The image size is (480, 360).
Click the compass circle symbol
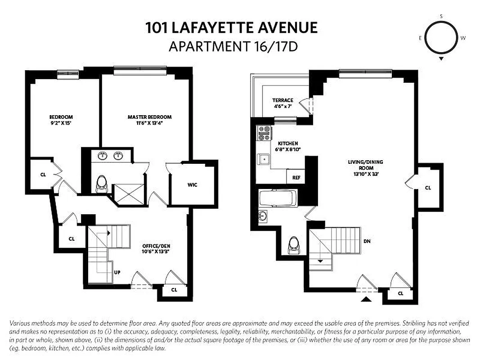(440, 38)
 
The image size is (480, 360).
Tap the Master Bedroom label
(149, 117)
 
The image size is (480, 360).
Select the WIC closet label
(193, 184)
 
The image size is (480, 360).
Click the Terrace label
(283, 100)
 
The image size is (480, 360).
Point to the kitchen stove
(264, 133)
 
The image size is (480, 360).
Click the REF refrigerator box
(296, 177)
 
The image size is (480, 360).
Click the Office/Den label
(155, 246)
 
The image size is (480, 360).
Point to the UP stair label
(117, 272)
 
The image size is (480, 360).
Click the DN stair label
(367, 241)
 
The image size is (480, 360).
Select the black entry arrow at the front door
(366, 298)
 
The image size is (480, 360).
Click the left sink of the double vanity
(102, 156)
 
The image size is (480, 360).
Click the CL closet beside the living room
(428, 188)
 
